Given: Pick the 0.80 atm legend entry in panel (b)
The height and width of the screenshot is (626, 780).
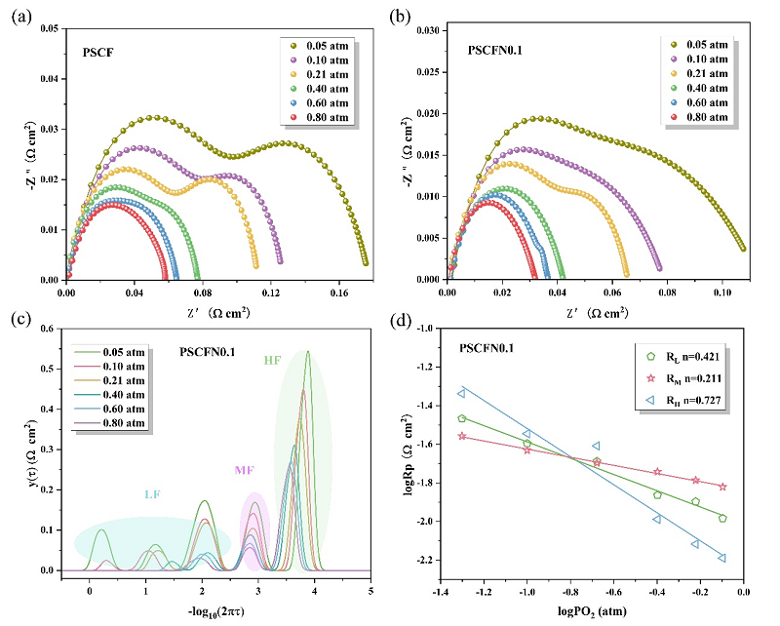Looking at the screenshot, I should pyautogui.click(x=702, y=118).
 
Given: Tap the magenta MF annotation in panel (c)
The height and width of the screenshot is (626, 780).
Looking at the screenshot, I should pyautogui.click(x=246, y=471).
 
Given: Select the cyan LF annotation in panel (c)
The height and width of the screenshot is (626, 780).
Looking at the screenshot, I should pyautogui.click(x=152, y=494).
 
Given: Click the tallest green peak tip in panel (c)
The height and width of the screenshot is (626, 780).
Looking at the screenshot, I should pyautogui.click(x=308, y=352).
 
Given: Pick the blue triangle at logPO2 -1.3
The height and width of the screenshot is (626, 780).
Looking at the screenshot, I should pyautogui.click(x=461, y=393).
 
